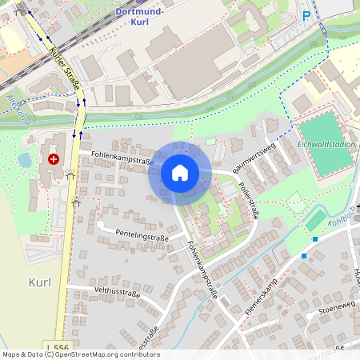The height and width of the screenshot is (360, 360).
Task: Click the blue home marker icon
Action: tap(180, 172)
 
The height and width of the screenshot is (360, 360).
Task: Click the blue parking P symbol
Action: tap(306, 15)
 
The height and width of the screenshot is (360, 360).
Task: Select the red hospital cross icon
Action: tap(54, 159)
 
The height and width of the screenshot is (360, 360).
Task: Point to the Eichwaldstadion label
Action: tap(326, 145)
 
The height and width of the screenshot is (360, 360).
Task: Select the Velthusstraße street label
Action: tap(117, 293)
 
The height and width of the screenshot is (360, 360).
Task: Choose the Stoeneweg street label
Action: tap(334, 307)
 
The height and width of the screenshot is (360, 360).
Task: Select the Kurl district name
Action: tap(39, 282)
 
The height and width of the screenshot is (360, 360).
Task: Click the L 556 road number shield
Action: tap(58, 347)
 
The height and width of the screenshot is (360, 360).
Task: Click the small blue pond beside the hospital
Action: tap(25, 160)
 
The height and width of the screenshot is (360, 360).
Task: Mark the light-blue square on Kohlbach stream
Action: tap(315, 239)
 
